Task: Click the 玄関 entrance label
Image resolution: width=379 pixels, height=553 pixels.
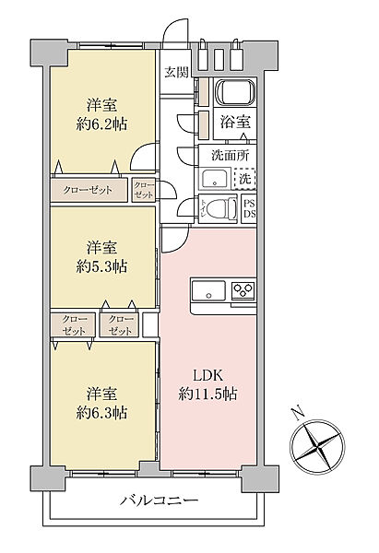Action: tap(176, 73)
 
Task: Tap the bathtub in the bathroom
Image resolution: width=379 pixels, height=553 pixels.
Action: tap(231, 94)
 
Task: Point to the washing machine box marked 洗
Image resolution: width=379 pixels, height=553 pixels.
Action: tap(247, 177)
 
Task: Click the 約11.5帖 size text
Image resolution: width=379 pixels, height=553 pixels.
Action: tap(209, 394)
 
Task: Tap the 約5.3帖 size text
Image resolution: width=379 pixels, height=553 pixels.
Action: tap(102, 266)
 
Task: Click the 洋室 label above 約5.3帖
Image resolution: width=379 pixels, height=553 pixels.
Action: tap(102, 246)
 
